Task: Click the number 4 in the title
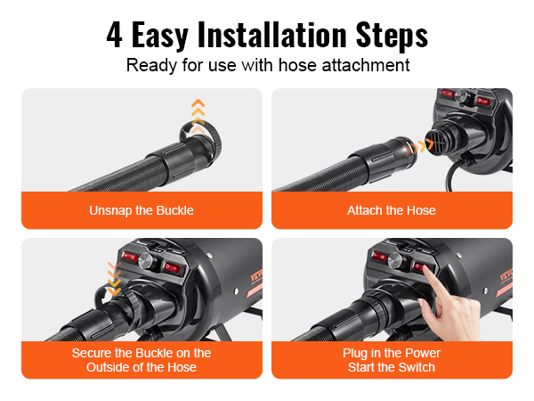tap(115, 35)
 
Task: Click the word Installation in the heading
tap(272, 35)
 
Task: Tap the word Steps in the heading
tap(392, 37)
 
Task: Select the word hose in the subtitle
tap(297, 65)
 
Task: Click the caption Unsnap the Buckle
tap(142, 210)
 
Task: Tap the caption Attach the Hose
tap(392, 210)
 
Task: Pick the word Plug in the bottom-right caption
tap(355, 354)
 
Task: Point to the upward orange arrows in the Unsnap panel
tap(198, 115)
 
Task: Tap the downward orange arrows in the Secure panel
tap(114, 279)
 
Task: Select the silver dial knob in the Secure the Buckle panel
tap(147, 261)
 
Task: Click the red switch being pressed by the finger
tap(417, 266)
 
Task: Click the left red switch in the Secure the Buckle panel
tap(130, 256)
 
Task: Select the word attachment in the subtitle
tap(366, 65)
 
